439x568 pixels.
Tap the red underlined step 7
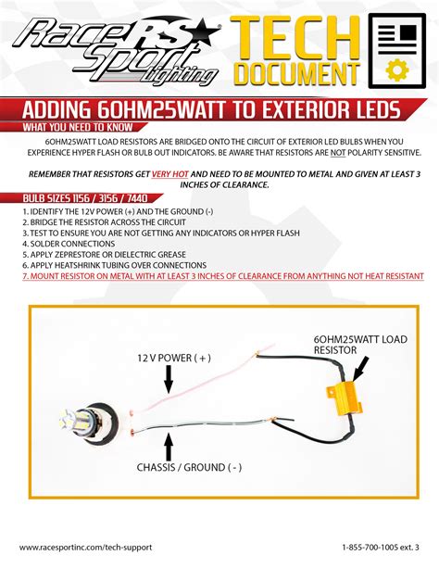click(222, 276)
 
